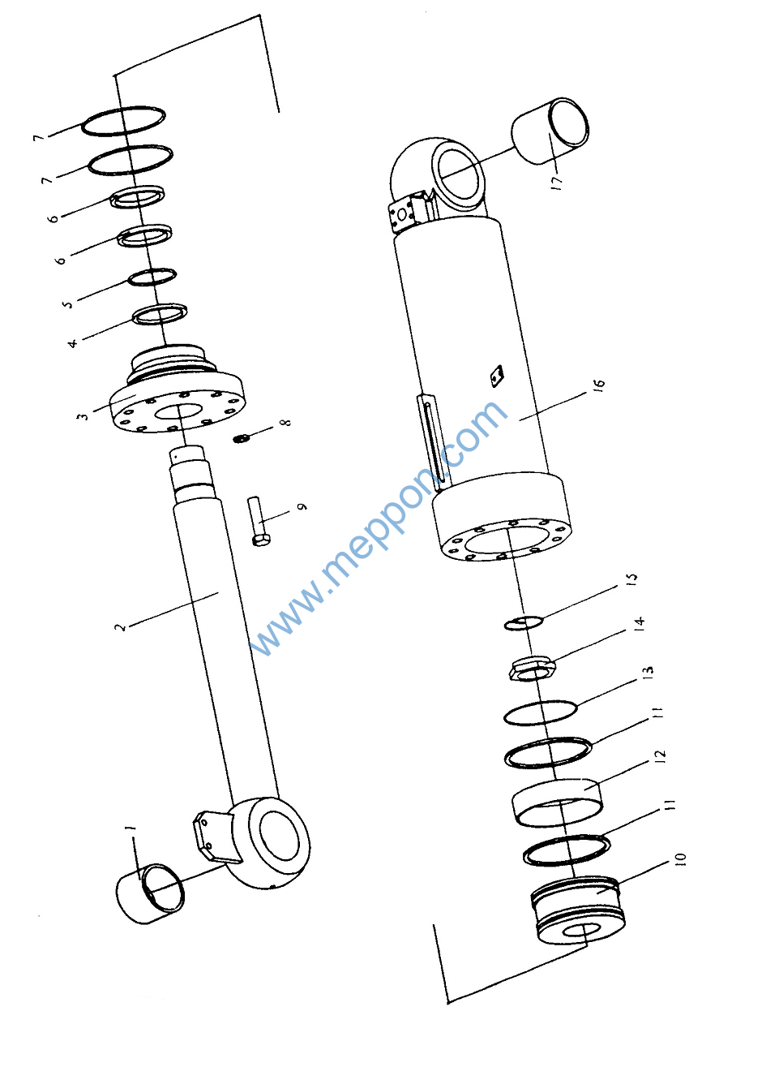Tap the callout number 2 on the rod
121,626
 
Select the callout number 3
83,415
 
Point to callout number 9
302,506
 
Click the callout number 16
599,385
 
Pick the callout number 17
557,183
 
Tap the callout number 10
681,858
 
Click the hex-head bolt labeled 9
259,521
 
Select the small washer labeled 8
242,438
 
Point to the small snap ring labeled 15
524,622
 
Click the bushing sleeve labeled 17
550,131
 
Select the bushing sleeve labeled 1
150,893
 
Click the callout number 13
648,672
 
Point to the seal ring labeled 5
152,277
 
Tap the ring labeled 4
160,314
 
